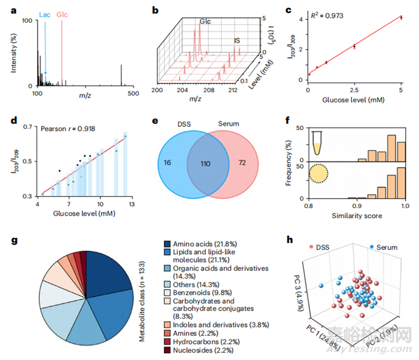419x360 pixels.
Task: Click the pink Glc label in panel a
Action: tap(62, 13)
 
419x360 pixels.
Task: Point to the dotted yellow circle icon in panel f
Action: tap(320, 176)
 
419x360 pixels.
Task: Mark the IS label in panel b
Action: tap(237, 41)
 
